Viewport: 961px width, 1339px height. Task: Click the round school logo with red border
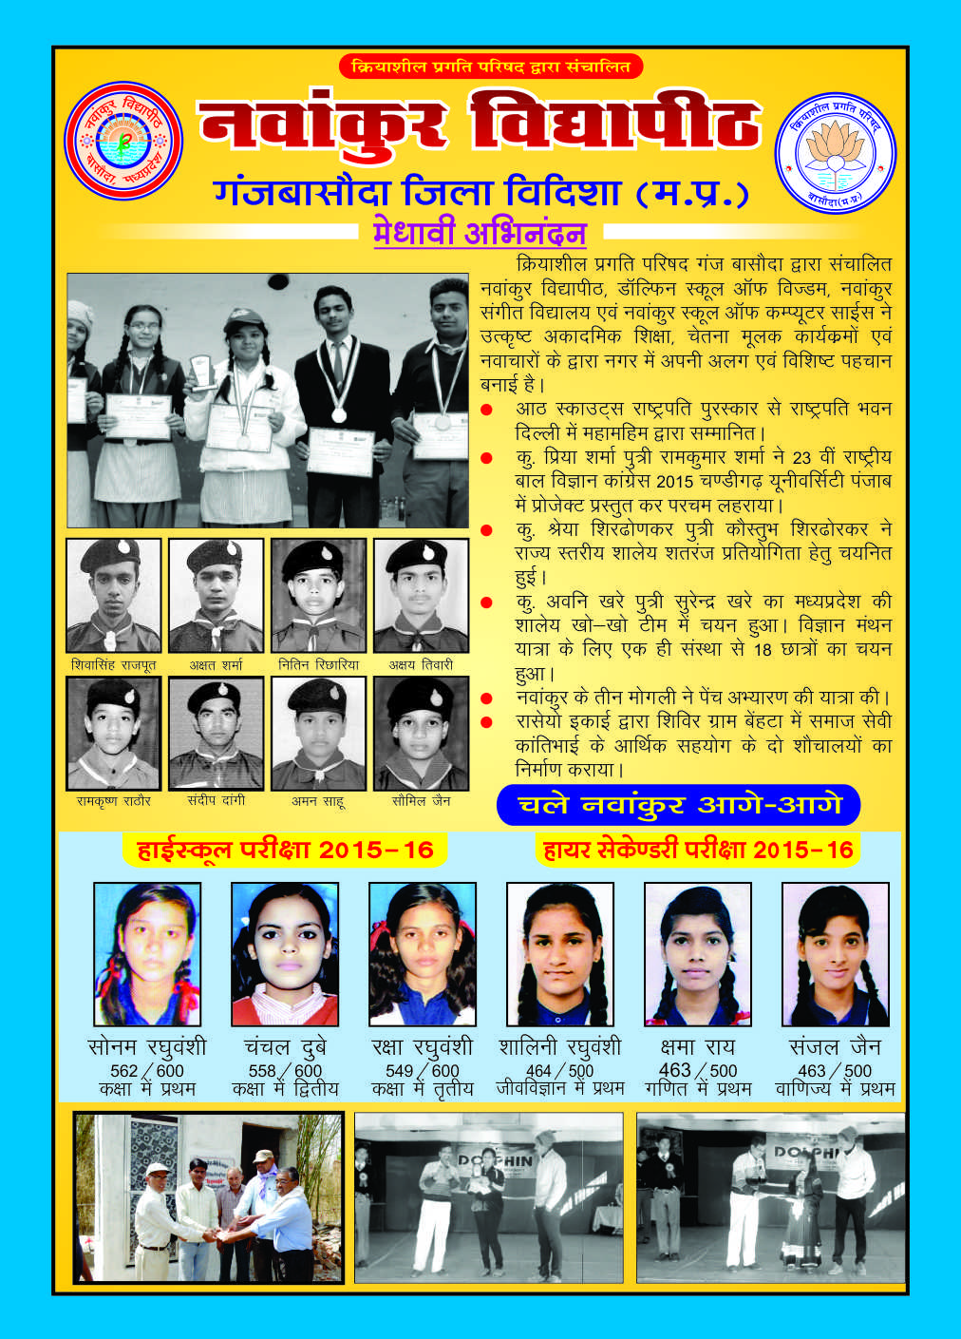tap(122, 141)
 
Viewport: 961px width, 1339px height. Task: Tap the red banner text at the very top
tap(490, 67)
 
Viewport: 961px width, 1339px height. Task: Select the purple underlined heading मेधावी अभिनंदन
tap(480, 233)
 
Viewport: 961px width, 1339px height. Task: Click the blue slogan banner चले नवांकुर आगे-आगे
tap(678, 805)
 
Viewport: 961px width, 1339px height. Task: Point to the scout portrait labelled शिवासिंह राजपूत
tap(114, 595)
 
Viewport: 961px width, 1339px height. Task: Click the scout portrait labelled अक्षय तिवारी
tap(421, 595)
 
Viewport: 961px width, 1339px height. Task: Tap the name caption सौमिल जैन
tap(421, 801)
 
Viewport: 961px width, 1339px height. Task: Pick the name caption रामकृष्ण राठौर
tap(114, 801)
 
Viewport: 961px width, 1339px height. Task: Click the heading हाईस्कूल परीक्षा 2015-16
tap(285, 850)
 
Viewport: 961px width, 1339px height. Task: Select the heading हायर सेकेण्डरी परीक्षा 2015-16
tap(698, 850)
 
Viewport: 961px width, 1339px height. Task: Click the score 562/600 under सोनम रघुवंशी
tap(147, 1071)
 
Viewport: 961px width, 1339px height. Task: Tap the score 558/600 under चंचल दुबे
tap(285, 1071)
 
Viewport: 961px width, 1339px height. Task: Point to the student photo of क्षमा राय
tap(698, 953)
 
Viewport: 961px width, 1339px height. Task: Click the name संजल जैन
tap(836, 1046)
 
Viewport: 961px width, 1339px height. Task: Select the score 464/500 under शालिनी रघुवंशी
tap(559, 1071)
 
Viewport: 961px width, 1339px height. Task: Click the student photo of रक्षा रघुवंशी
tap(423, 953)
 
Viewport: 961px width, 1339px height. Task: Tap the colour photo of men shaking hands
tap(208, 1197)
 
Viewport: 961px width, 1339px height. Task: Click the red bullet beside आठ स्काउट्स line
tap(487, 410)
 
